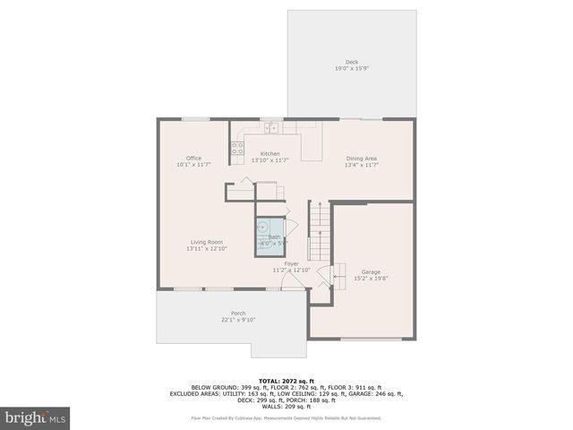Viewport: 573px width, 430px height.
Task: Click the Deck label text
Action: click(x=352, y=62)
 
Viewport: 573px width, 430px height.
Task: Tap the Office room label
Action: click(x=193, y=159)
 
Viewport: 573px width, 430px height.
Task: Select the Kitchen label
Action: click(x=269, y=154)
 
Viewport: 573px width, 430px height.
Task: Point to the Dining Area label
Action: click(x=362, y=159)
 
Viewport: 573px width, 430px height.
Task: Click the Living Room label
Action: click(x=205, y=242)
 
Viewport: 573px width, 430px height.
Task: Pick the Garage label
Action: click(x=371, y=271)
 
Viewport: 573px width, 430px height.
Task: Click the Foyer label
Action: click(x=291, y=263)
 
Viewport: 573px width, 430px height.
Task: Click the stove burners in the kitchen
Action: click(x=238, y=148)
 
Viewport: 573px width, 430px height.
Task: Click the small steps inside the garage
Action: click(x=339, y=273)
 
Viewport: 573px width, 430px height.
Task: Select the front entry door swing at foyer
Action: click(x=293, y=280)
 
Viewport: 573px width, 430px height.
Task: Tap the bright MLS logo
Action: click(x=36, y=417)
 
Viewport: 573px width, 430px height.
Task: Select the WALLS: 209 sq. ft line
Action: click(x=286, y=406)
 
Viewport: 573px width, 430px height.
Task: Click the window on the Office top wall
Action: click(x=196, y=118)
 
